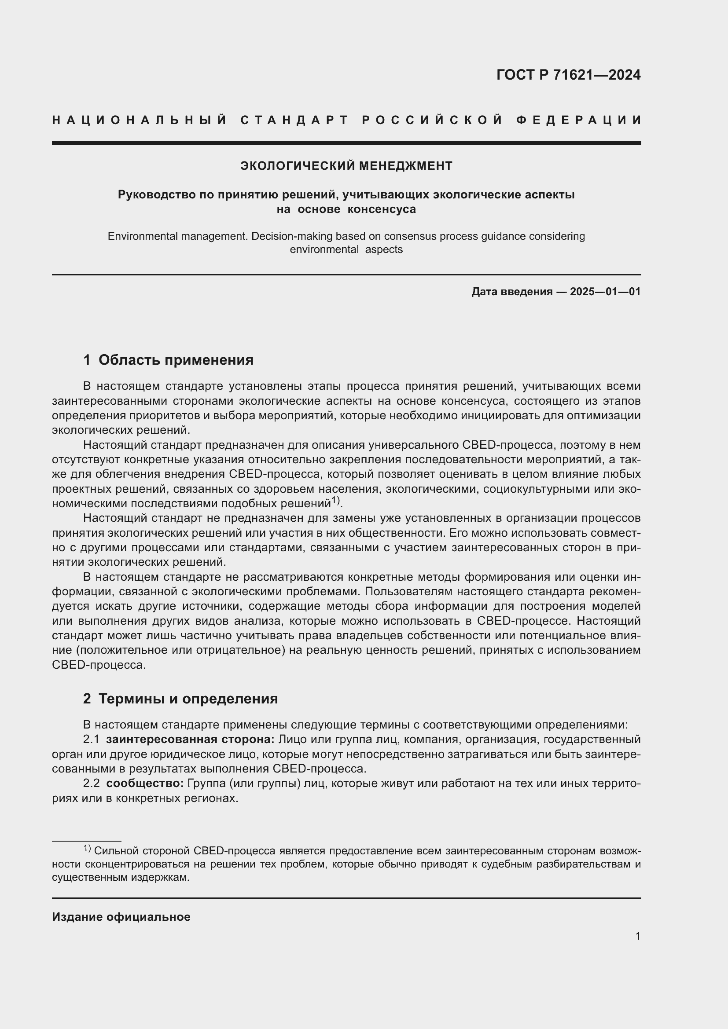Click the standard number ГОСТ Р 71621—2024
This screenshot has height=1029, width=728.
coord(568,75)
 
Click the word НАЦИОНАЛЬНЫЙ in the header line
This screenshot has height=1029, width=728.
coord(140,120)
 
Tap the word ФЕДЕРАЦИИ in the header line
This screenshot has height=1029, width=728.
coord(579,120)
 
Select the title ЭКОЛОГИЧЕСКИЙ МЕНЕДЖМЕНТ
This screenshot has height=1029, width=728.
coord(346,166)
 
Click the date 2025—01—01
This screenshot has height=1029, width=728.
coord(605,292)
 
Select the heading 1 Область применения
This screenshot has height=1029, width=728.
coord(168,360)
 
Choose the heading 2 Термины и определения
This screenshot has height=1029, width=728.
coord(180,699)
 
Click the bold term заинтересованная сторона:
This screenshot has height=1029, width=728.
coord(190,740)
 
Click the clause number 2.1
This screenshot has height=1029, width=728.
coord(91,740)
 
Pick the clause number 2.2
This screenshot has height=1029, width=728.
coord(91,784)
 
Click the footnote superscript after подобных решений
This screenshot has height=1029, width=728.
coord(336,500)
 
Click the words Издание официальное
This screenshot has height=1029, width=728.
coord(121,917)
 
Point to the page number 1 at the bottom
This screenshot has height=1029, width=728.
coord(637,936)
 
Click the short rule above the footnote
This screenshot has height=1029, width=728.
coord(87,841)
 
